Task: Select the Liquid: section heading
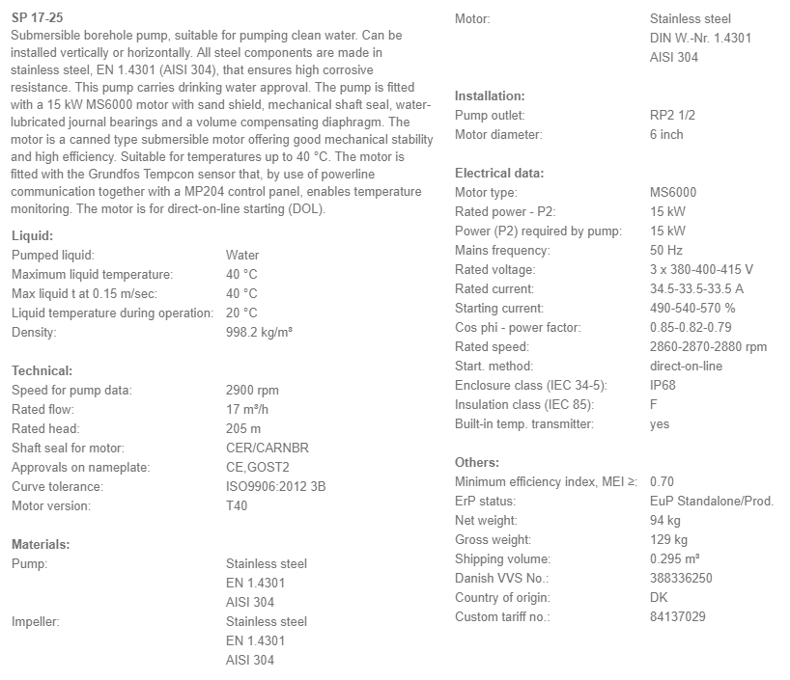coord(32,235)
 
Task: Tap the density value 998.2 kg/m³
coord(259,332)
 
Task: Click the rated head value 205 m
coord(243,428)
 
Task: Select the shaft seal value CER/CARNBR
coord(268,448)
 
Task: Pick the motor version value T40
coord(237,505)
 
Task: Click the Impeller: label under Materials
coord(35,621)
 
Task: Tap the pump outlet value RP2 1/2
coord(672,115)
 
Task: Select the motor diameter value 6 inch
coord(666,134)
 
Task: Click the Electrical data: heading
coord(499,173)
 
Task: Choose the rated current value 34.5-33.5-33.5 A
coord(698,288)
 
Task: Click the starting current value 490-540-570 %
coord(692,308)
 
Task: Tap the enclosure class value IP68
coord(663,385)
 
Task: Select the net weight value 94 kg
coord(665,520)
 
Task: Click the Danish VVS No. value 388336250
coord(681,578)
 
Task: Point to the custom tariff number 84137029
coord(678,616)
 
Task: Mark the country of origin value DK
coord(660,597)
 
